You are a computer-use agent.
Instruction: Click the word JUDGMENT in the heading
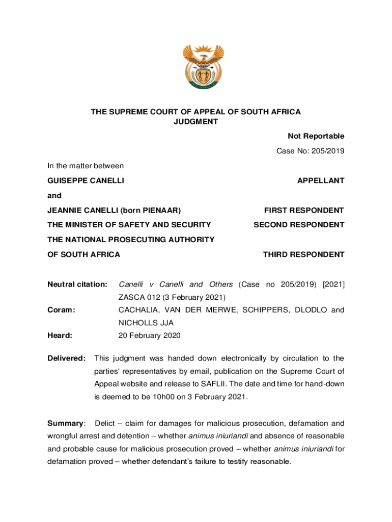(196, 122)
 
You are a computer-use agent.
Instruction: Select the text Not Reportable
(316, 136)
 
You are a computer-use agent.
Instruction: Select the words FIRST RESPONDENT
(304, 210)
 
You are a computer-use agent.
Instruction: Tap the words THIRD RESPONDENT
(303, 254)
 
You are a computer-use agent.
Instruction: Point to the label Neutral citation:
(77, 284)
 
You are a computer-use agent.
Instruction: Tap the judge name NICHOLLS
(137, 323)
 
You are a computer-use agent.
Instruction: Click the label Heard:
(60, 335)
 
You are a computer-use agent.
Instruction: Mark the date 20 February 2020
(149, 335)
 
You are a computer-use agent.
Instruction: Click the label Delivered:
(66, 358)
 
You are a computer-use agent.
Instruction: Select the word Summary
(65, 423)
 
